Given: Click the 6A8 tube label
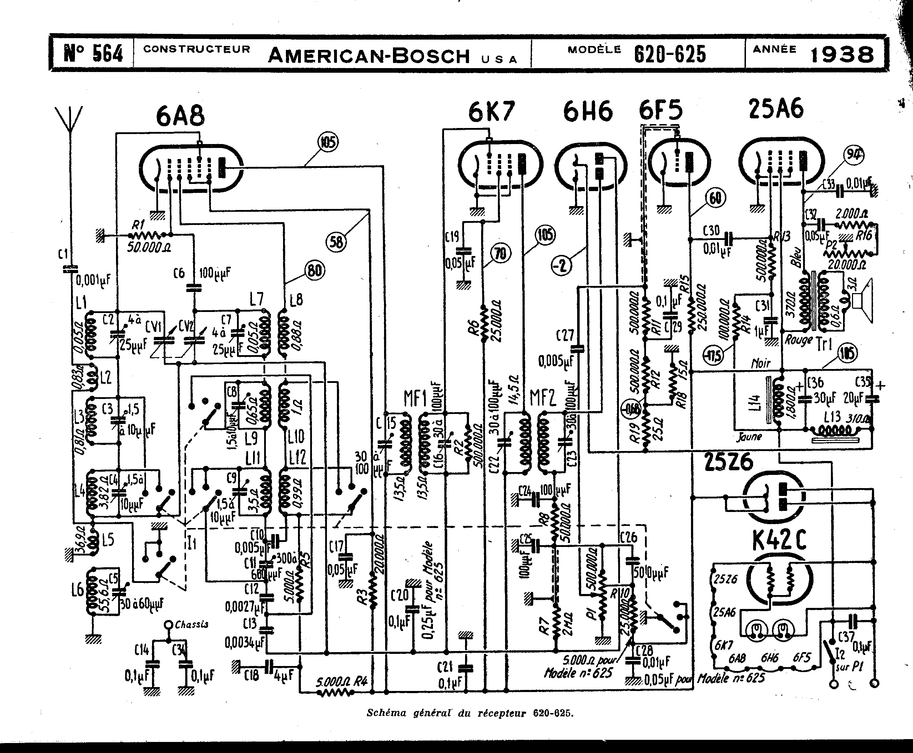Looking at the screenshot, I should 180,116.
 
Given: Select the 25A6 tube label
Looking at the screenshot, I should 776,108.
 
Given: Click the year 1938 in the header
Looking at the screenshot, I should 842,55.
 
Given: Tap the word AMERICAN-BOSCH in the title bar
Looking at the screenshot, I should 369,56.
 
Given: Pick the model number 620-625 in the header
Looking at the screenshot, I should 670,55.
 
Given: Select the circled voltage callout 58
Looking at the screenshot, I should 337,242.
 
